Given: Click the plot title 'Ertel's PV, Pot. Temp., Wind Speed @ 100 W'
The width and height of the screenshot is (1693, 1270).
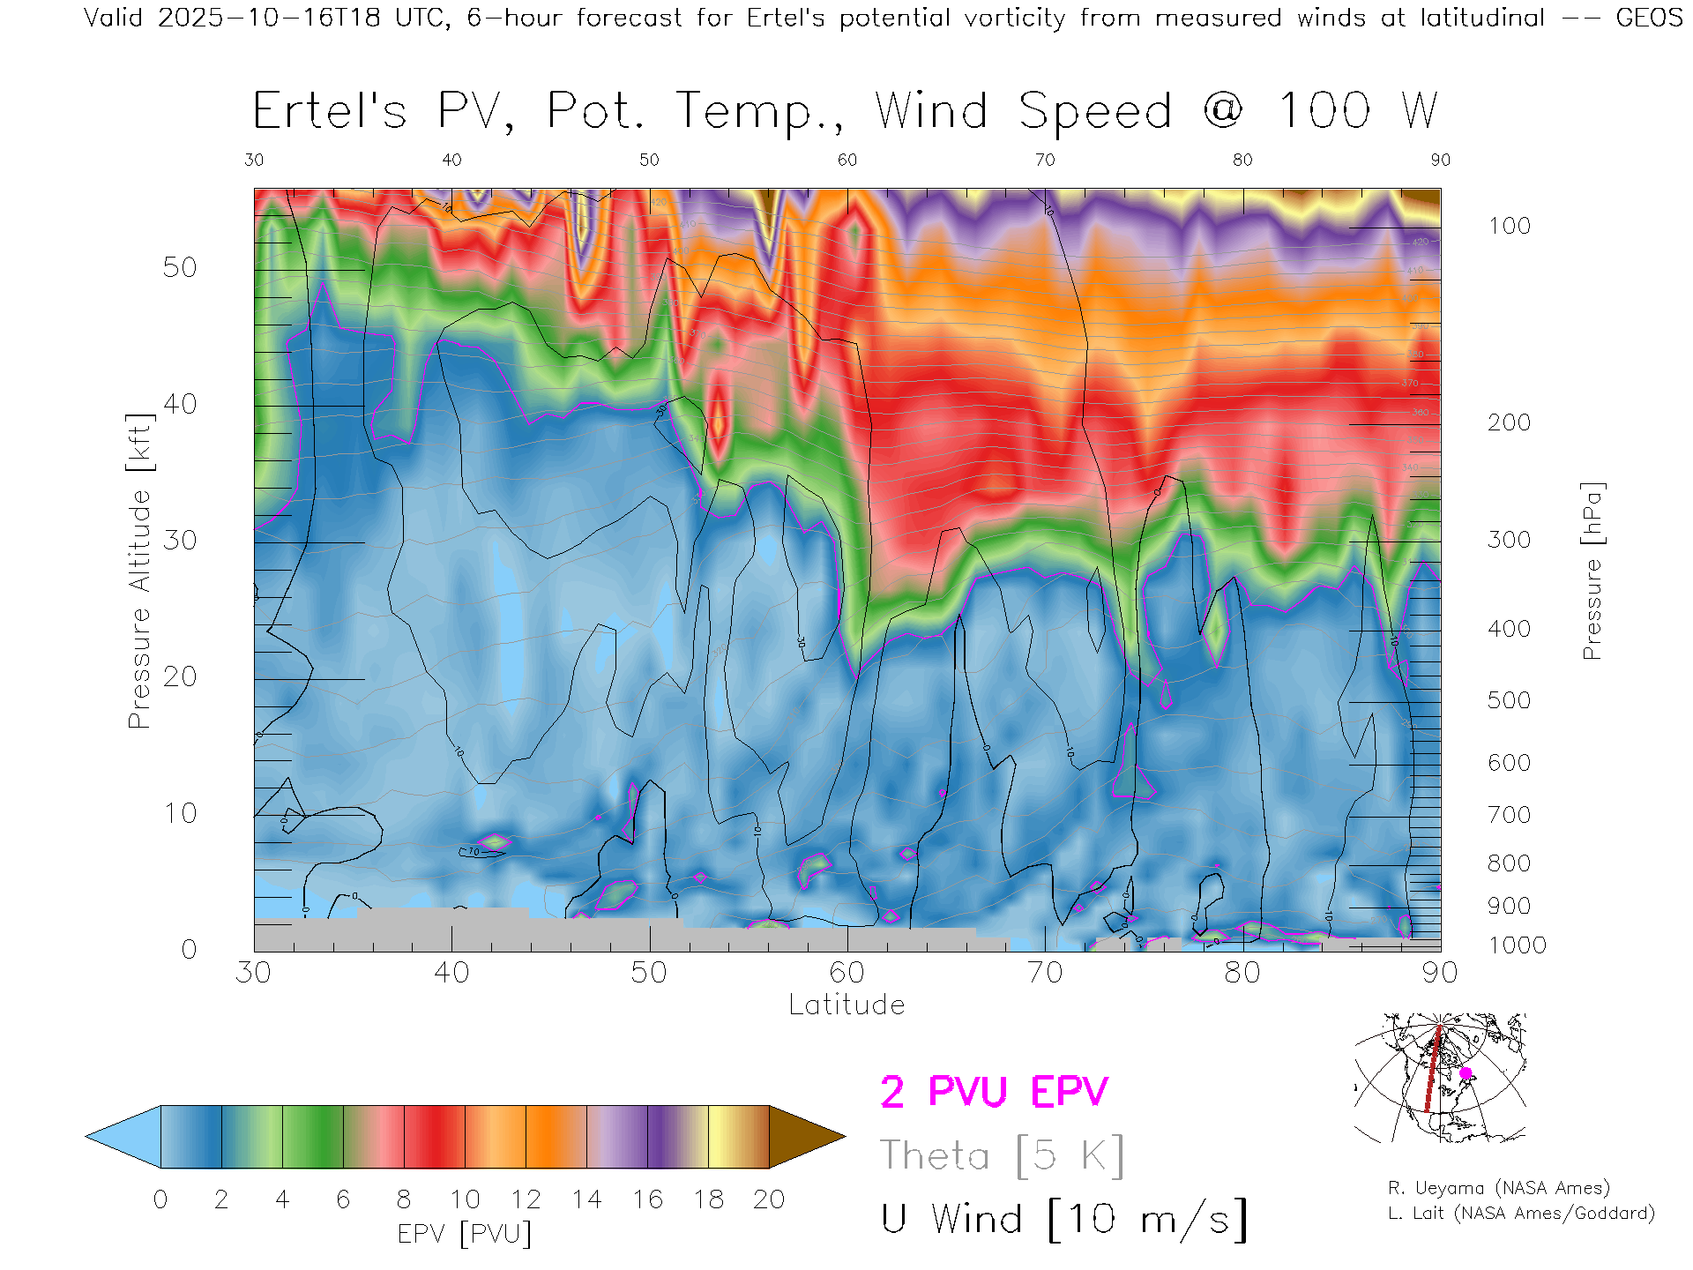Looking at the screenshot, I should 845,112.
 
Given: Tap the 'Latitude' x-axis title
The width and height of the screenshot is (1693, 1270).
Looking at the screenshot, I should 846,1005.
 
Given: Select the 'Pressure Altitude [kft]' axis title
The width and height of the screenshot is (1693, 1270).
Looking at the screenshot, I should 139,571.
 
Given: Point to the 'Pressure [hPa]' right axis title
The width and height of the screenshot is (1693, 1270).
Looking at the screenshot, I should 1592,571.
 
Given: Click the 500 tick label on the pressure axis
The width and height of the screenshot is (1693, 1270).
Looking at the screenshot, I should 1509,701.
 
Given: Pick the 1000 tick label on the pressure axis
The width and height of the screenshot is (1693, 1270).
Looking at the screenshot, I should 1517,945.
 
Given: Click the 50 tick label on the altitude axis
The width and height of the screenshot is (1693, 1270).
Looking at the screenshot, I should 179,268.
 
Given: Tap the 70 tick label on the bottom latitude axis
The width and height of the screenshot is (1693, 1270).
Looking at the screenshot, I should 1044,973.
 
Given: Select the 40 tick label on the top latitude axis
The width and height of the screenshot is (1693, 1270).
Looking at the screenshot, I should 451,160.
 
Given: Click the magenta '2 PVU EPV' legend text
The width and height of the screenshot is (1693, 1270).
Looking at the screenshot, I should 994,1092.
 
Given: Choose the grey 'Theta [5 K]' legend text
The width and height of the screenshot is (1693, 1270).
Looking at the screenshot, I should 1002,1155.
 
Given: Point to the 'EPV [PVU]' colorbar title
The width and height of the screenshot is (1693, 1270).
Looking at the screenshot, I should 465,1234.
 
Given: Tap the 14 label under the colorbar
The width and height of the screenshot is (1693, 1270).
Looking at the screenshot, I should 586,1199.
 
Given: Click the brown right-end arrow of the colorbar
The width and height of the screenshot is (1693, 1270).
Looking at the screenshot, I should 804,1137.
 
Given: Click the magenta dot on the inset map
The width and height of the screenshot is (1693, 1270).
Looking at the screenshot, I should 1466,1073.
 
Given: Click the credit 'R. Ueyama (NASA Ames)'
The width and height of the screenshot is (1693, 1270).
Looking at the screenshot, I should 1499,1188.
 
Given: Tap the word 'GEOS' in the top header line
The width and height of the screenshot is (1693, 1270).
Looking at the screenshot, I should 1649,18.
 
